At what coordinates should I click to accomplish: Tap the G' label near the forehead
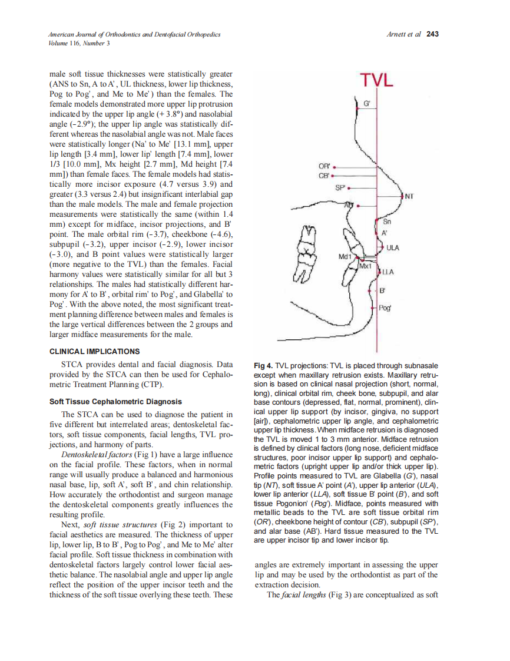[x=367, y=104]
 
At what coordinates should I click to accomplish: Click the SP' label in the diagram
[x=340, y=188]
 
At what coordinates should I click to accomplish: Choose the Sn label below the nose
[x=387, y=222]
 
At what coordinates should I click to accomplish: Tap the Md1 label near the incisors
[x=345, y=257]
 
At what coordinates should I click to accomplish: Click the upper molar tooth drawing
[x=307, y=239]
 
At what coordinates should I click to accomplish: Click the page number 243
[x=432, y=34]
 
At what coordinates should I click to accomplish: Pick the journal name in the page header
[x=134, y=35]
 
